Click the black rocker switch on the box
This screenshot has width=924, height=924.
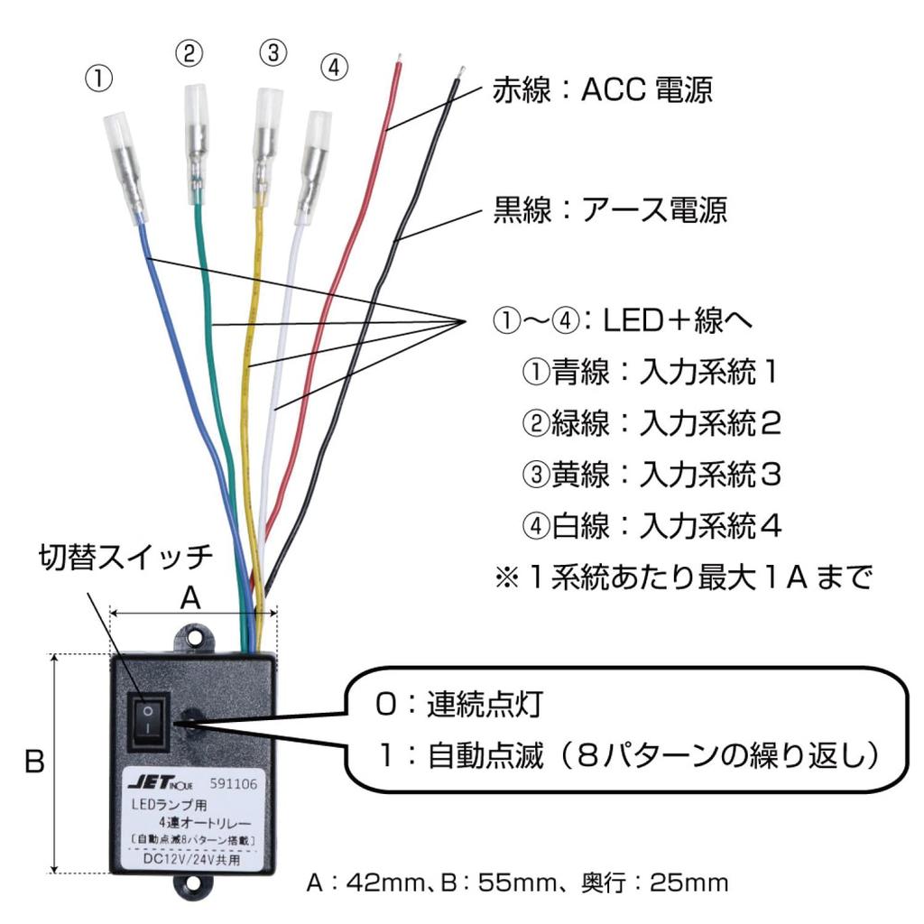click(148, 720)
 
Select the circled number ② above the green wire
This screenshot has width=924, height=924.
click(189, 54)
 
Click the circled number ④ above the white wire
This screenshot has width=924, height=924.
click(334, 69)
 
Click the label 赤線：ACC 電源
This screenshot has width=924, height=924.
click(602, 89)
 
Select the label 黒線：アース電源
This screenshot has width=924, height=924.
click(609, 210)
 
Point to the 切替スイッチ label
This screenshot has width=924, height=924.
click(125, 557)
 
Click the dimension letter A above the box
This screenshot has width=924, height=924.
click(190, 599)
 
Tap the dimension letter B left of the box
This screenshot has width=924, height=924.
click(33, 762)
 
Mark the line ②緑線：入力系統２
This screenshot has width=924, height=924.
click(651, 422)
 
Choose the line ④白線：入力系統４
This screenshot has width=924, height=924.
click(651, 525)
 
